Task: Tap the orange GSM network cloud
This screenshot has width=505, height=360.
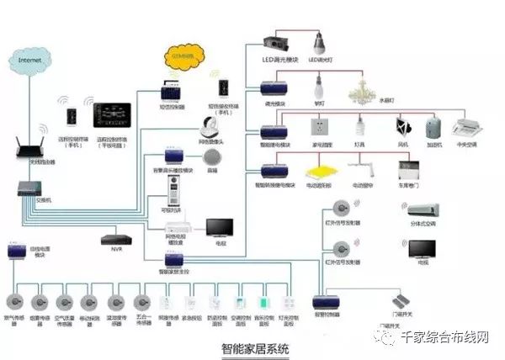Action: point(183,57)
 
